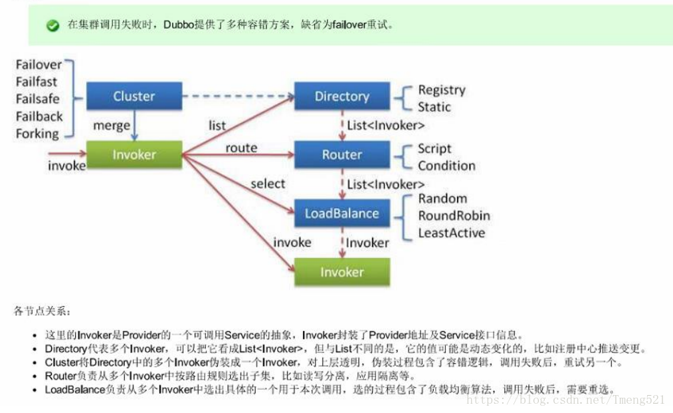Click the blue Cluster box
[134, 96]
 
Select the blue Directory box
[341, 96]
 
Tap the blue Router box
[341, 155]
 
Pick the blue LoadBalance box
[341, 213]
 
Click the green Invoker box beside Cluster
[134, 155]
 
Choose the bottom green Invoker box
[341, 272]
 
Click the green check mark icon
[52, 25]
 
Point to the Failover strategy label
[39, 65]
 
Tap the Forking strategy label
[37, 134]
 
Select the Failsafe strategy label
[37, 99]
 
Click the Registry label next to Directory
[441, 90]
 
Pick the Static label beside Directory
[434, 107]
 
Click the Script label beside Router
[434, 148]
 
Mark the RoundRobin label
[454, 215]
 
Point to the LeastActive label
[451, 233]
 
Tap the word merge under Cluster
[112, 126]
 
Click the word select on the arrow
[268, 184]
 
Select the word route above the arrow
[241, 148]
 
